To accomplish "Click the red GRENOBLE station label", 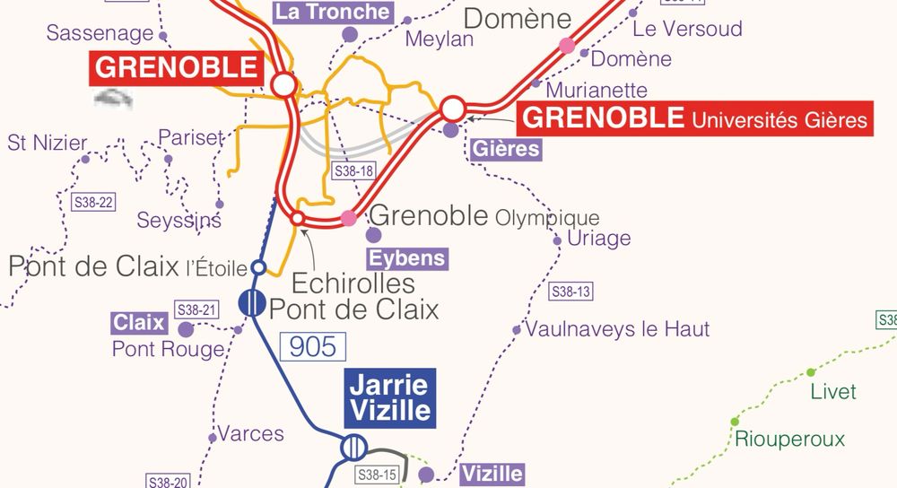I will (176, 67).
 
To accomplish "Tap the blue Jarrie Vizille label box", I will (390, 397).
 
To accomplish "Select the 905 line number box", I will (313, 347).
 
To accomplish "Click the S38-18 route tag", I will (353, 170).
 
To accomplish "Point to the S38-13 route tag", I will (570, 292).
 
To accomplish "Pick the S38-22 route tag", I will (93, 202).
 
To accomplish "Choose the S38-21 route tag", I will (197, 309).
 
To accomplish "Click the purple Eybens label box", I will (407, 259).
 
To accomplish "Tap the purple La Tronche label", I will (333, 12).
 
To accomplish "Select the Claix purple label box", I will (139, 322).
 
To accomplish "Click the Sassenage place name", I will (100, 33).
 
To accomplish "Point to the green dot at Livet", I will (811, 372).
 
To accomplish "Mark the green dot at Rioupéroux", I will (735, 421).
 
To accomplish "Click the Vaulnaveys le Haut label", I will (617, 329).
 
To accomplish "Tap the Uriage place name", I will (598, 238).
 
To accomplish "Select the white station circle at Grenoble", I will (284, 85).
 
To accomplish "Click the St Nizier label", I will (48, 143).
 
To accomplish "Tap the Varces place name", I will (251, 434).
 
